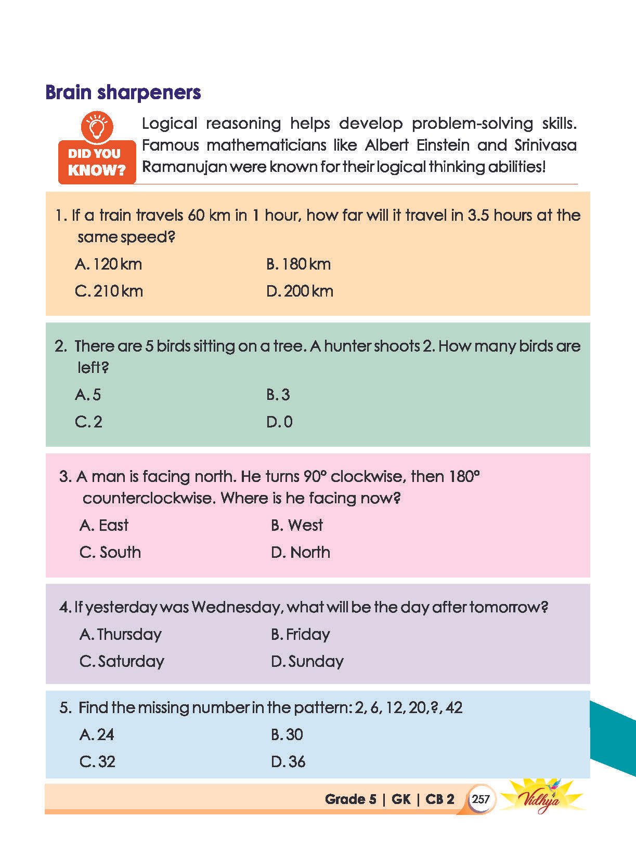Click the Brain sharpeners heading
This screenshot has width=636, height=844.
click(123, 92)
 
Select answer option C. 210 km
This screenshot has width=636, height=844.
click(109, 291)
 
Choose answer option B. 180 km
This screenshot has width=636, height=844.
click(298, 264)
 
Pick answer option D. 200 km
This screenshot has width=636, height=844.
click(300, 291)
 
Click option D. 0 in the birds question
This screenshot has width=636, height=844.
click(279, 422)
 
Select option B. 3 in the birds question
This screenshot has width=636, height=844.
click(278, 395)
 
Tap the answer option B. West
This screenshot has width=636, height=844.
click(296, 525)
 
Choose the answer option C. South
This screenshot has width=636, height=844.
click(110, 552)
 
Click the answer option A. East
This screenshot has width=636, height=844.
click(104, 525)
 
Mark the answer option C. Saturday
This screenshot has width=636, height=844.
click(122, 661)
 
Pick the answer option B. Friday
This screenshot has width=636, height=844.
click(300, 634)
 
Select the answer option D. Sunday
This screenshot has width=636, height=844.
click(307, 661)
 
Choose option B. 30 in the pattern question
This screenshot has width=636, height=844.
click(287, 734)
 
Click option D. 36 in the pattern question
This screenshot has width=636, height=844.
click(288, 761)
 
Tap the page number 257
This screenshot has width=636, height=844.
click(481, 799)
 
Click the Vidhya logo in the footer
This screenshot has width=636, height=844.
click(544, 799)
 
